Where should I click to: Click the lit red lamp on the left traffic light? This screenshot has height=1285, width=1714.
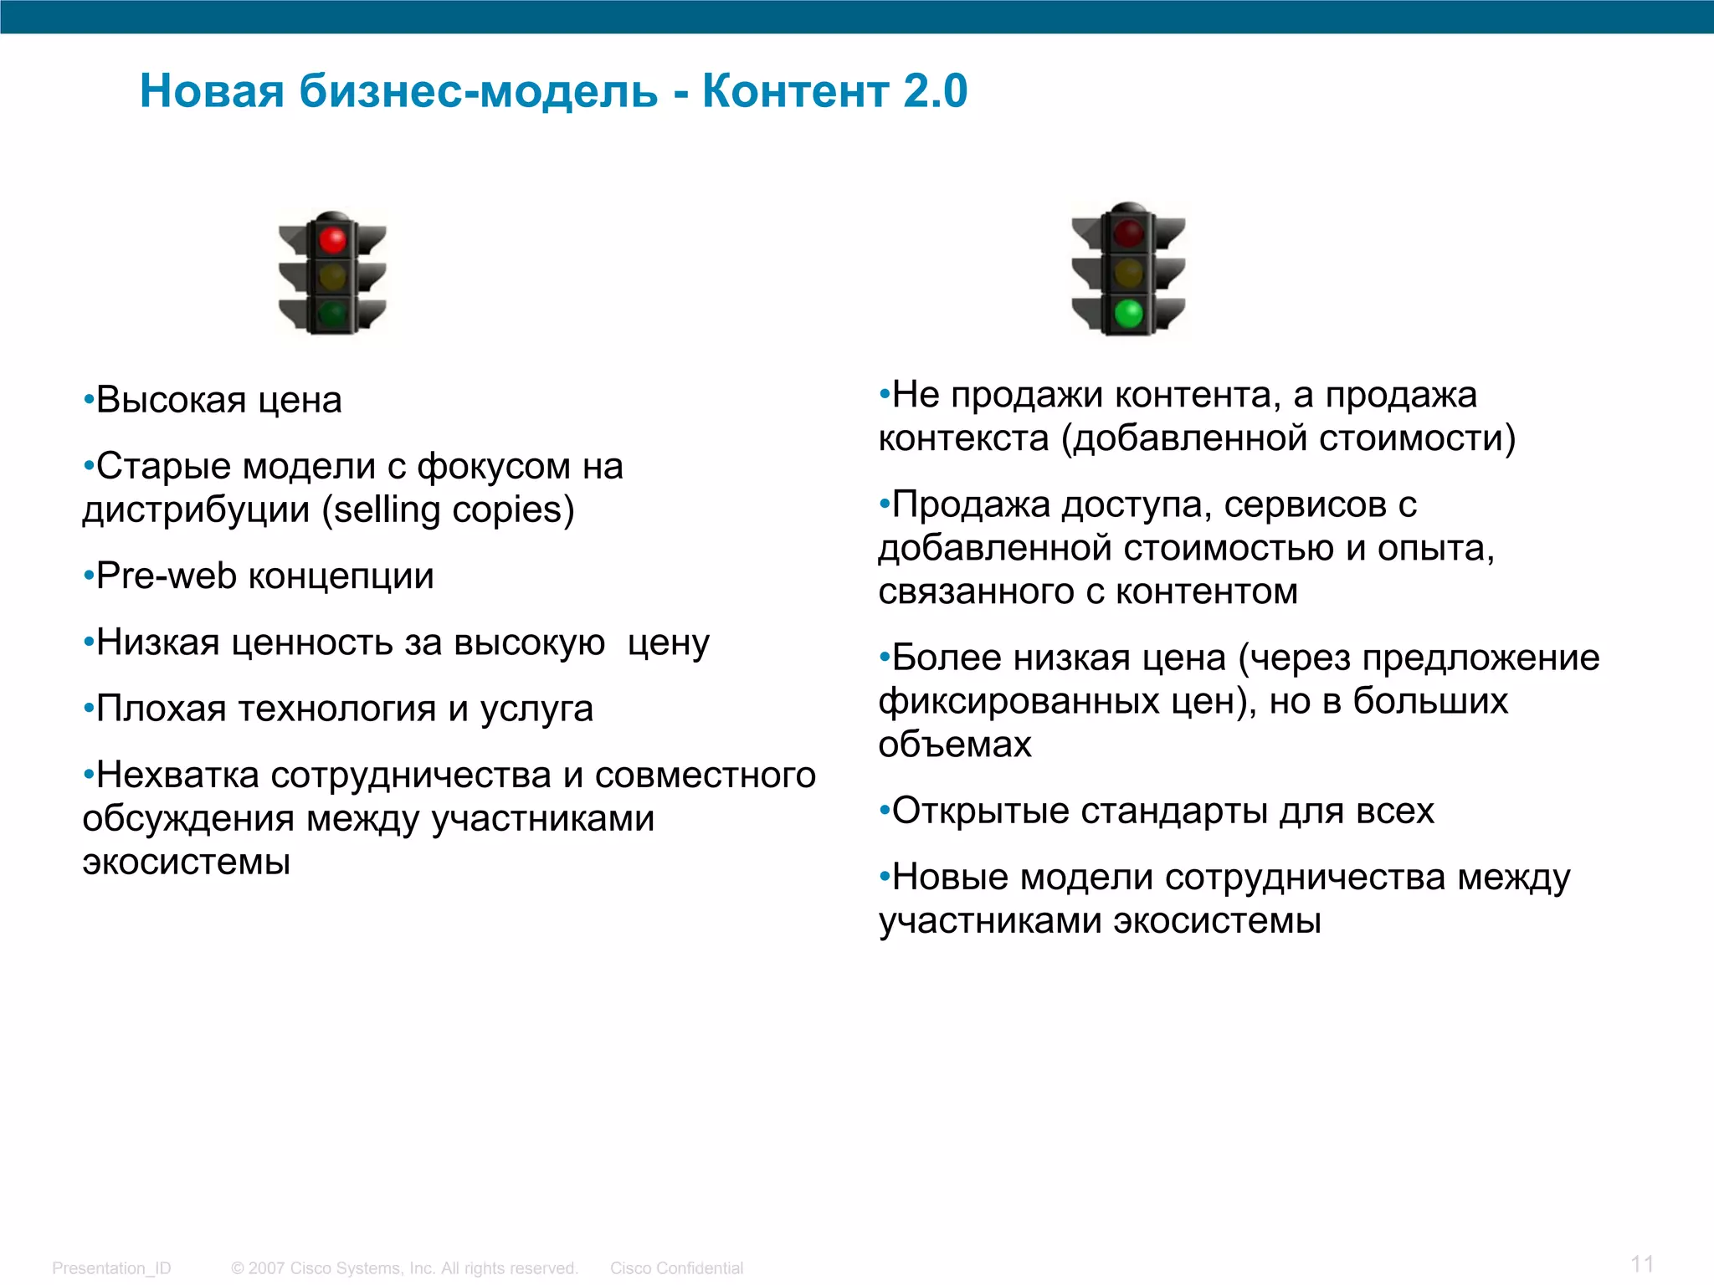pyautogui.click(x=332, y=240)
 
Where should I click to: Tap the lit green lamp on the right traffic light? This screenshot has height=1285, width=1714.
pyautogui.click(x=1129, y=314)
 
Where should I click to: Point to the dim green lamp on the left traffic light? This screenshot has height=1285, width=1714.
pyautogui.click(x=332, y=314)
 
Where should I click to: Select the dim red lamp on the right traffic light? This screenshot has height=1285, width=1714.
pyautogui.click(x=1129, y=233)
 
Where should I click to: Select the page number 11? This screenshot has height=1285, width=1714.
pyautogui.click(x=1642, y=1263)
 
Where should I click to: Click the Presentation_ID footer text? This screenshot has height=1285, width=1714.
pyautogui.click(x=111, y=1268)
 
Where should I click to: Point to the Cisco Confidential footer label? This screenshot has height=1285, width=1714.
pyautogui.click(x=676, y=1268)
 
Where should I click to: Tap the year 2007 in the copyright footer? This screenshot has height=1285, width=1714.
pyautogui.click(x=267, y=1268)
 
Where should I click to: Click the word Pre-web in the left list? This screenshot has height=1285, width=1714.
pyautogui.click(x=167, y=576)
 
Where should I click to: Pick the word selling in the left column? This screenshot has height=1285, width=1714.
pyautogui.click(x=388, y=509)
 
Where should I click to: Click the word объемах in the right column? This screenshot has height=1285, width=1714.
pyautogui.click(x=955, y=745)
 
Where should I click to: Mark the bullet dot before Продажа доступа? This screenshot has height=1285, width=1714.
pyautogui.click(x=884, y=504)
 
